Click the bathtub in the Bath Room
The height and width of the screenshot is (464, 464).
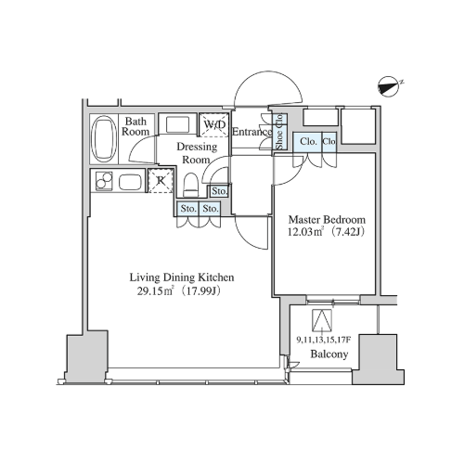(x=105, y=139)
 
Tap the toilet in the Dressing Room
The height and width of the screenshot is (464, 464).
(x=190, y=185)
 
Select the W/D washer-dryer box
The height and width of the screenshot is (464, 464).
(x=214, y=124)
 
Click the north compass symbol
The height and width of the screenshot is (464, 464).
(x=388, y=86)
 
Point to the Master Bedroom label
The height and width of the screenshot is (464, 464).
(x=327, y=220)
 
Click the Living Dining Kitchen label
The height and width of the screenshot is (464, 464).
(x=182, y=277)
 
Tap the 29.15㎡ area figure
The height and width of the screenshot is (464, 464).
(x=155, y=291)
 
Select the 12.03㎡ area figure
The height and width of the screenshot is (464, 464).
(x=305, y=232)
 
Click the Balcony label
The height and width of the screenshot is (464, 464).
(x=329, y=354)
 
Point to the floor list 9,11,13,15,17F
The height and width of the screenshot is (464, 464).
(x=323, y=341)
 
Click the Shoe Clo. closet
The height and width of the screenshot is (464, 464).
(x=279, y=132)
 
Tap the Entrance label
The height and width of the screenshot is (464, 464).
(x=251, y=132)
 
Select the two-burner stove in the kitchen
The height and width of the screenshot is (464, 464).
(x=104, y=181)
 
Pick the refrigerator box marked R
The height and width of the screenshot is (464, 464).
(x=161, y=181)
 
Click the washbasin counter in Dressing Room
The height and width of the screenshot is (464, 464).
(x=178, y=123)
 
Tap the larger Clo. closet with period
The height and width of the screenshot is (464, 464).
(x=308, y=142)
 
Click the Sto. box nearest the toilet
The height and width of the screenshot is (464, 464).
(x=219, y=191)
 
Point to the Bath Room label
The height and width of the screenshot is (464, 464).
(x=135, y=126)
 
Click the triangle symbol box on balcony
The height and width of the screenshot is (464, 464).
(x=322, y=319)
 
